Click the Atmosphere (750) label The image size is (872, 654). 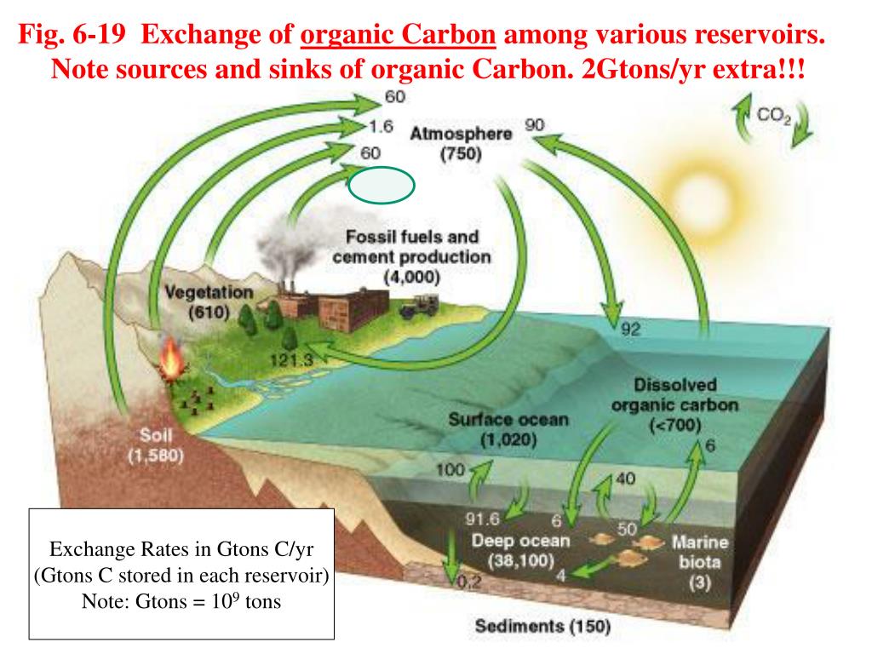point(461,144)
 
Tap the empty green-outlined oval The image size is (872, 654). point(382,185)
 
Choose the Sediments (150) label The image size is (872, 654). point(542,627)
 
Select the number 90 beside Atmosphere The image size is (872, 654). point(534,125)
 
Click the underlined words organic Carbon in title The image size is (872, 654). point(399,37)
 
